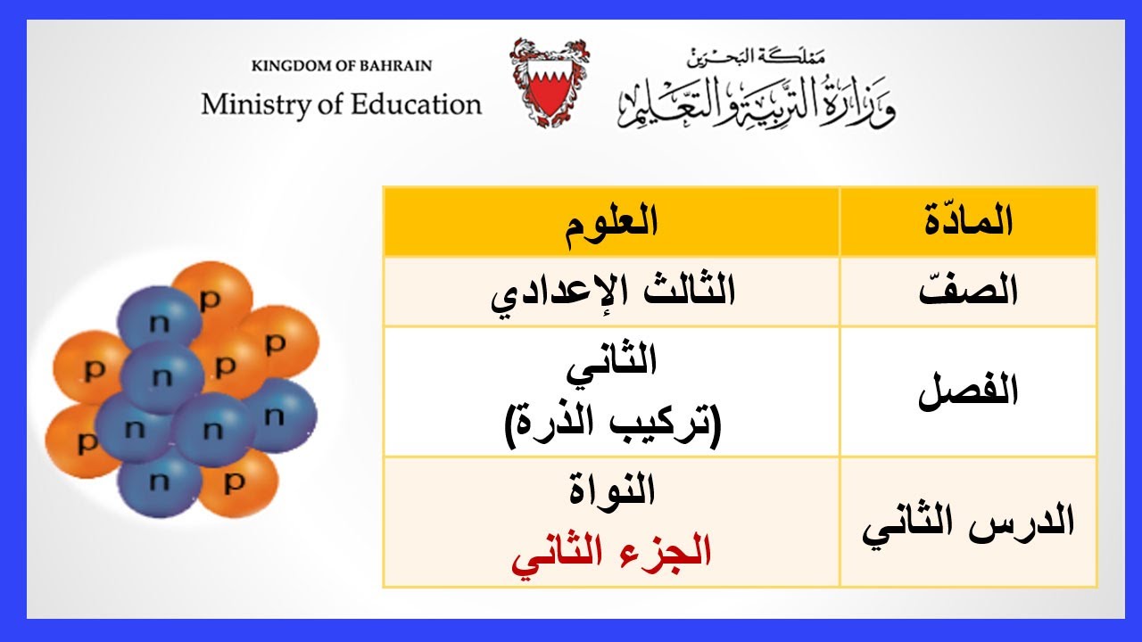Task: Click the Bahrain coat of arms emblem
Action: (549, 82)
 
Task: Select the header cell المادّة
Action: (968, 222)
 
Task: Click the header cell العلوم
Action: (611, 222)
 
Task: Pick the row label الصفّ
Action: (968, 292)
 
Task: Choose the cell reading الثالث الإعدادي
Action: (613, 292)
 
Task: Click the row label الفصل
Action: (968, 392)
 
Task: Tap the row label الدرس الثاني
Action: (968, 524)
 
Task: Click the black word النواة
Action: (612, 491)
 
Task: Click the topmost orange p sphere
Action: (211, 296)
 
